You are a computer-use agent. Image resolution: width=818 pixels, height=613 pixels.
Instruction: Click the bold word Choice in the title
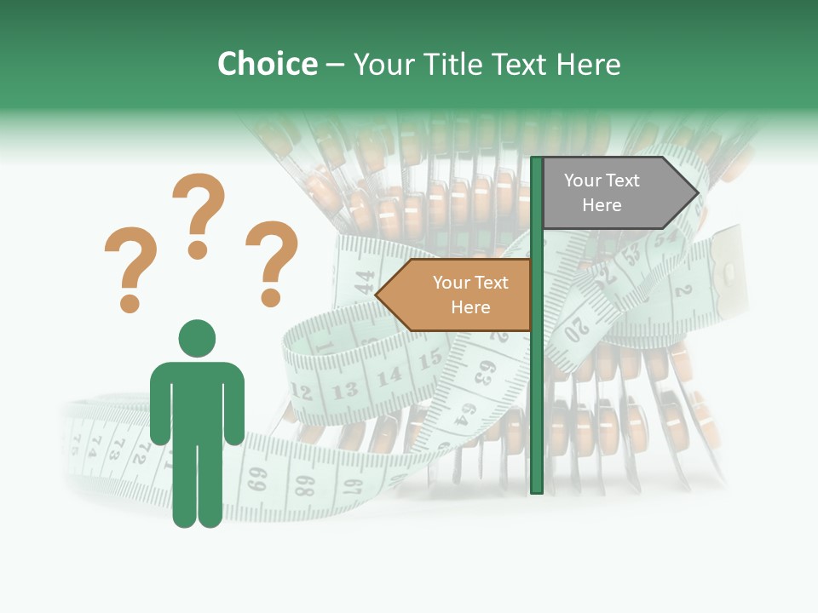coord(267,64)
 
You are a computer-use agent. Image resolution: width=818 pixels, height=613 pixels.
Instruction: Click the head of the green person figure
coord(197,338)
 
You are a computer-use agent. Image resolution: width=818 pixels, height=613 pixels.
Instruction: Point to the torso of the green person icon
coord(197,400)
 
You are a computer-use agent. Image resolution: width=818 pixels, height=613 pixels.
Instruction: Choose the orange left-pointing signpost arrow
coord(455,295)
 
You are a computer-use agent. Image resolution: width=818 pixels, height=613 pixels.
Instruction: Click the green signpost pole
coord(537,383)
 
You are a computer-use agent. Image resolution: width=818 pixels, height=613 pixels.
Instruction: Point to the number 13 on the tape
coord(345,391)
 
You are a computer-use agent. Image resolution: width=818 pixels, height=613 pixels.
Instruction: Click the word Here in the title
coord(588,64)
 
